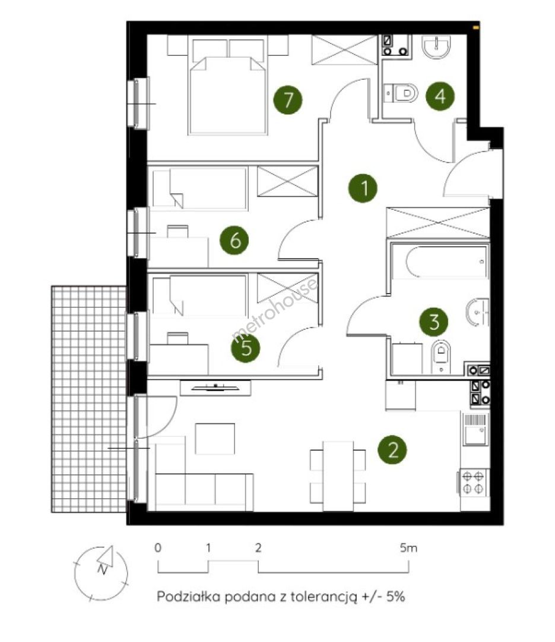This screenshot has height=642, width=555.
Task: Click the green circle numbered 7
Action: pos(288,100)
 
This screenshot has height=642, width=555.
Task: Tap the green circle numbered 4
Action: pos(440,96)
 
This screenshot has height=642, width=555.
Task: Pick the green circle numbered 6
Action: pos(234,240)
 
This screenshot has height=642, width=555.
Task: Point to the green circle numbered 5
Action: pos(246,348)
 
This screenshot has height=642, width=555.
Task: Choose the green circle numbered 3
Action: pos(434,322)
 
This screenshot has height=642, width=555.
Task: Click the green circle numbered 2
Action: pos(392,449)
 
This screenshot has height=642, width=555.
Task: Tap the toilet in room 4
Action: pos(401,93)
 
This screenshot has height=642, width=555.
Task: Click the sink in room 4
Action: pos(437,47)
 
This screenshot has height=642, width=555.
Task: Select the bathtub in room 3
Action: pos(440,262)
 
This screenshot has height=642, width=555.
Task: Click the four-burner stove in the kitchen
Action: pos(474,482)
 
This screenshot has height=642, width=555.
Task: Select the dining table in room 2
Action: pos(338,476)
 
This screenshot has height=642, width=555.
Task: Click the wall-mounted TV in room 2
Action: pos(215,388)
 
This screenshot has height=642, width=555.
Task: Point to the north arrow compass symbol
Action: pos(101,573)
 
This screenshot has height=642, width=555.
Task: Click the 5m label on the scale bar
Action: pos(408,547)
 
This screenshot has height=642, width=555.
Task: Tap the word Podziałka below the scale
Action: pos(189,596)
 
